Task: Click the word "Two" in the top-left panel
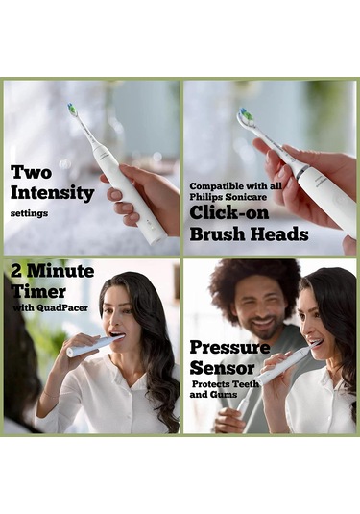tap(31, 172)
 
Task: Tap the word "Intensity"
tap(52, 192)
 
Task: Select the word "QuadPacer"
tap(67, 307)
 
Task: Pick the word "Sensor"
tap(222, 367)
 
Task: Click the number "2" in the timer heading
tap(17, 270)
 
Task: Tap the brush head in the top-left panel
tap(72, 110)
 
